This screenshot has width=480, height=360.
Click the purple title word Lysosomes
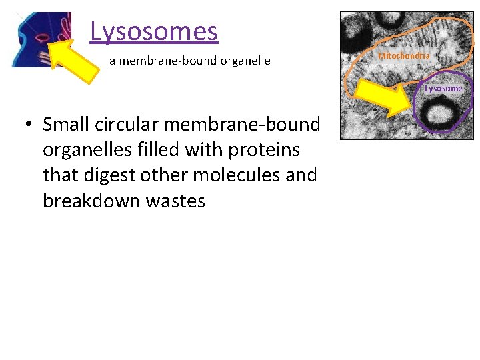(x=153, y=31)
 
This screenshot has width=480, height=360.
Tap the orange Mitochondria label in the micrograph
(x=404, y=56)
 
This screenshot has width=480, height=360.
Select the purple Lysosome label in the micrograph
(x=443, y=89)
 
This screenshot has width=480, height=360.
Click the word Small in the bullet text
(x=65, y=125)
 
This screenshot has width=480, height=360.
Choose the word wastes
(x=175, y=201)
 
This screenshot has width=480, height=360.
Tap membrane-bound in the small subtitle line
(x=164, y=61)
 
